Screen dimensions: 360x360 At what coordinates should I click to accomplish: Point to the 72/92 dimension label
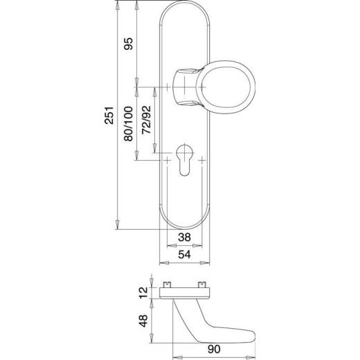click(x=146, y=120)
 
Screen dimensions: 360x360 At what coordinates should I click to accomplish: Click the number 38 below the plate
click(x=184, y=237)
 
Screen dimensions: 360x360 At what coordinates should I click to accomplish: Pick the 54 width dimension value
click(x=184, y=255)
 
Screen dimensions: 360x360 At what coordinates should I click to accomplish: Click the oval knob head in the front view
click(x=227, y=87)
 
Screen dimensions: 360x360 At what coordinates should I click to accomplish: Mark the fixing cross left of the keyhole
click(x=168, y=160)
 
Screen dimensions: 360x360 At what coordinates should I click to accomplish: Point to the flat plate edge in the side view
click(x=184, y=293)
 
